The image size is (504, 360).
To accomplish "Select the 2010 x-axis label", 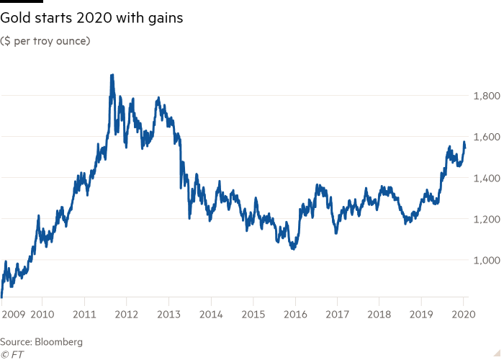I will coord(42,314).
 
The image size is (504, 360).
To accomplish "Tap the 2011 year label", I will coord(85,314).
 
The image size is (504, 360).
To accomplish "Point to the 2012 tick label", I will coord(127,314).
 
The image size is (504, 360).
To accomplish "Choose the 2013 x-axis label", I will coord(168,314).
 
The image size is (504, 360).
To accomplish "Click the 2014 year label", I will coord(211,314).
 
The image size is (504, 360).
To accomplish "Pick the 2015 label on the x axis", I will coord(253,314).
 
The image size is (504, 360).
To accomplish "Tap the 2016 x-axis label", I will coord(295,314).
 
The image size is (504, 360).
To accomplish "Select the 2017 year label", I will coord(337,314).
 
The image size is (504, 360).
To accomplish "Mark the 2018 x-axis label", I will coord(379,314).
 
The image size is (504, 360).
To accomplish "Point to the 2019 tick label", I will coord(421,314).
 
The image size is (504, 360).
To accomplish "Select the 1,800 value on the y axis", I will coord(485,96).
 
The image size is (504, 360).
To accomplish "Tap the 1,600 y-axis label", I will coord(485,137).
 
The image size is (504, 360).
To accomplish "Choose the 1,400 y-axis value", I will coord(485,178).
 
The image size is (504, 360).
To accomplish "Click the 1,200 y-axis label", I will coord(485,219).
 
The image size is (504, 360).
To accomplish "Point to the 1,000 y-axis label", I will coord(485,260).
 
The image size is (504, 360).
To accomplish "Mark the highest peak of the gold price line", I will coord(112,75).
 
